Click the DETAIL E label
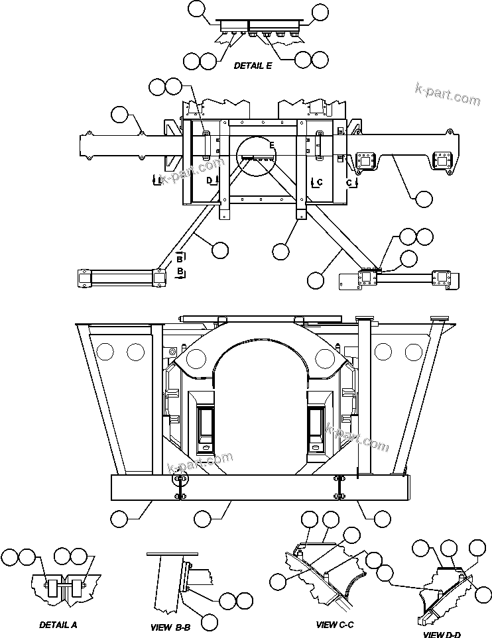coord(253,66)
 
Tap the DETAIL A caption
coord(58,624)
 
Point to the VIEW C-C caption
coord(335,624)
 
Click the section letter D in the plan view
coord(208,180)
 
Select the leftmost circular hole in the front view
coord(103,352)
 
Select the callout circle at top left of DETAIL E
coord(198,9)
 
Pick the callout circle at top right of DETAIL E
coord(320,11)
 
